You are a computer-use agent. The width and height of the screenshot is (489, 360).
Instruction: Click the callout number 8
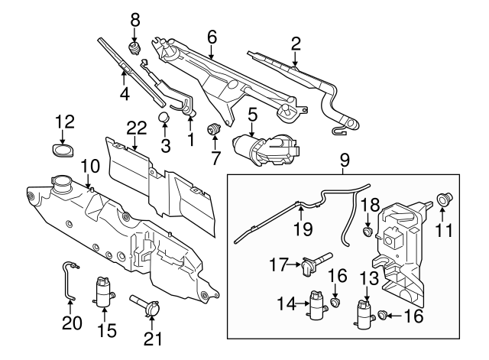135,21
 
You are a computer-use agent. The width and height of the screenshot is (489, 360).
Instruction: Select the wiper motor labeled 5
266,150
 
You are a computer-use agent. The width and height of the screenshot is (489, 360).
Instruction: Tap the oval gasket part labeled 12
63,151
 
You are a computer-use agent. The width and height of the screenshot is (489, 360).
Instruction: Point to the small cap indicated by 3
164,117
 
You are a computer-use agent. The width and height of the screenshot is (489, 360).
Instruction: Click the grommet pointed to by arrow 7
214,128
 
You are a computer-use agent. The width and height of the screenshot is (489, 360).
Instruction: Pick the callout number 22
136,128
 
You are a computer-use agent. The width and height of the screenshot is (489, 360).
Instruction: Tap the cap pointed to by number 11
445,199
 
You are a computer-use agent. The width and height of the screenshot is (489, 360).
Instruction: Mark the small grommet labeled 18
368,232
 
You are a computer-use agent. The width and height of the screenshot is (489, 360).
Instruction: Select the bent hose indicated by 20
68,281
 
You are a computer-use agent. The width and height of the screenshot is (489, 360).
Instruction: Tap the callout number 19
303,229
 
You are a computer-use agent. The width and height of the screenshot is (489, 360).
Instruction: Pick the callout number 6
212,37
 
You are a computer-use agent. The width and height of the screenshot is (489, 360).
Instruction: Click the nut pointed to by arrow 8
134,48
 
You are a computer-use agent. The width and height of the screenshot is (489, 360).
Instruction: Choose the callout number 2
296,44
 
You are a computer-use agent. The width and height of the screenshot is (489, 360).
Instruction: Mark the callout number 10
90,166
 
